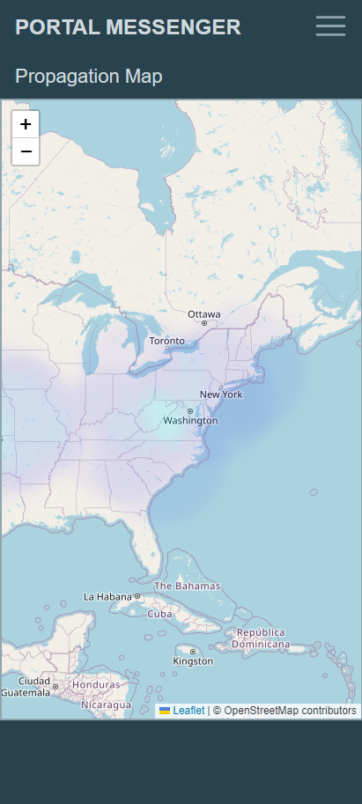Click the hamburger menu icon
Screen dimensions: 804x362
[330, 26]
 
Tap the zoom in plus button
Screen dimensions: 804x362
[26, 124]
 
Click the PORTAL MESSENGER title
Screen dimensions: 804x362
[128, 27]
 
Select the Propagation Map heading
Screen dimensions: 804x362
[88, 77]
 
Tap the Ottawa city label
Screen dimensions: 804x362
[204, 313]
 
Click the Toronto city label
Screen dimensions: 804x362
[166, 340]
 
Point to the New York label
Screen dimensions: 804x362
[221, 394]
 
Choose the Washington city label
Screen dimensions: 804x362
[190, 421]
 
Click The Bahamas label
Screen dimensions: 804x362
[187, 586]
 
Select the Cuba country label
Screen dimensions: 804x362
[159, 614]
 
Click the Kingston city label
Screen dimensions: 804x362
[193, 660]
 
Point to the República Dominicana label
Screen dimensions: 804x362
[260, 638]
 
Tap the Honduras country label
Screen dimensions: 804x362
[96, 684]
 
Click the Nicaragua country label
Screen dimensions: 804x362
[107, 704]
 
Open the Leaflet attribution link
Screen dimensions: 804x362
[188, 711]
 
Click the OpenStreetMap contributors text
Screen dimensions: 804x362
[291, 711]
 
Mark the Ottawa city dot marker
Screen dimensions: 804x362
[204, 323]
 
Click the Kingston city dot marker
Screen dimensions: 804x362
[193, 652]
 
